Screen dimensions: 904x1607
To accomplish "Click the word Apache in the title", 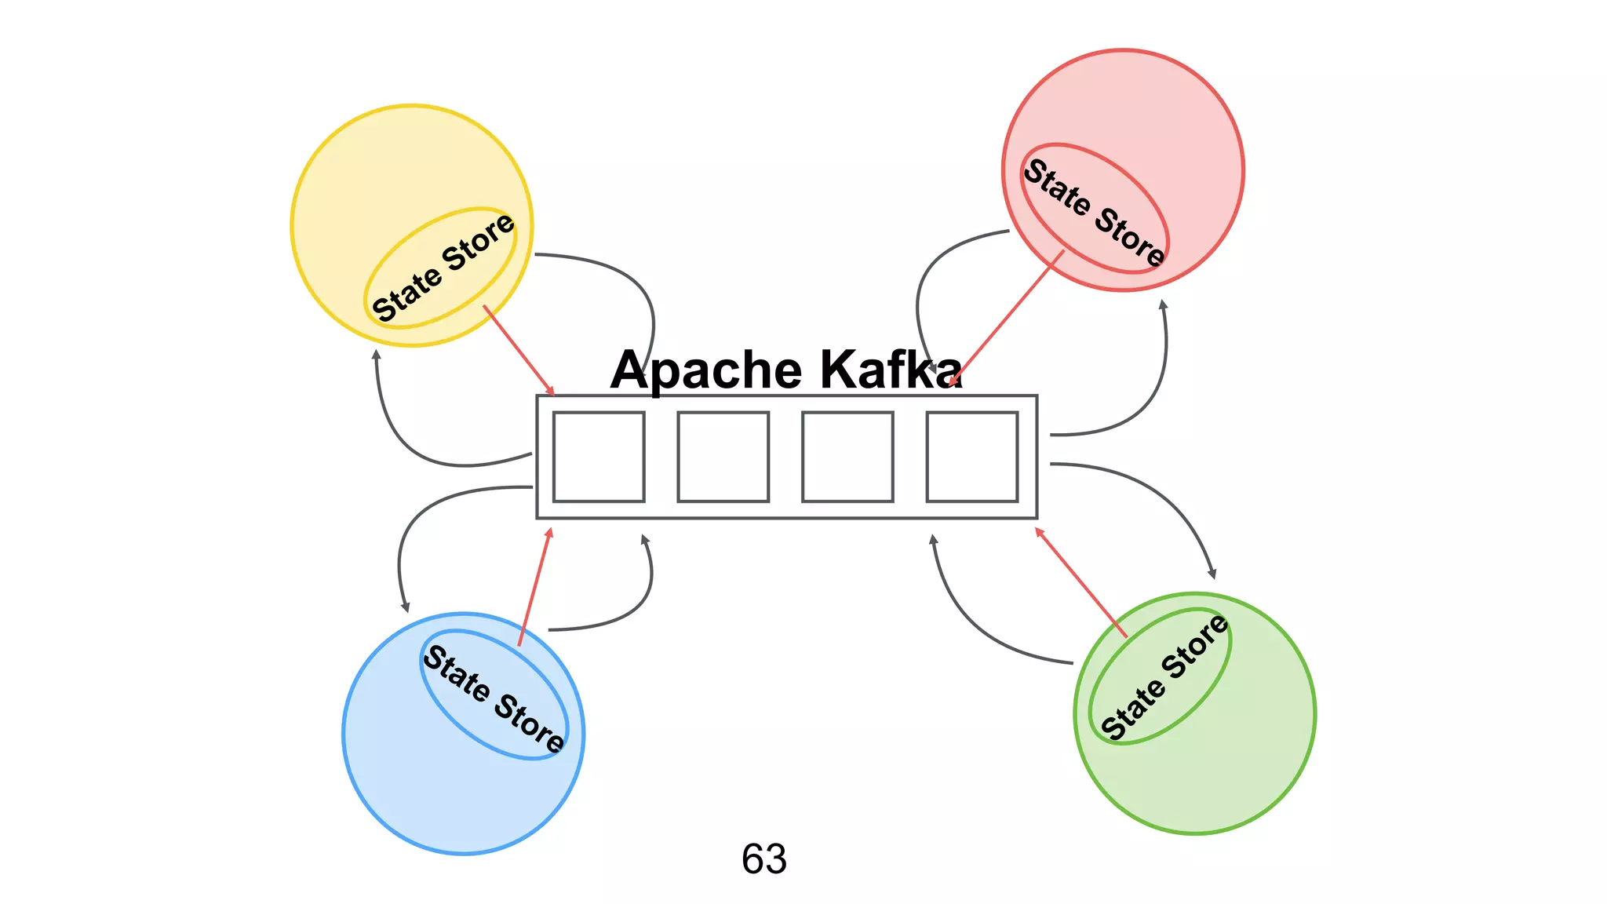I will (706, 370).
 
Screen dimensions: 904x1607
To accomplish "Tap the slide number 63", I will (763, 858).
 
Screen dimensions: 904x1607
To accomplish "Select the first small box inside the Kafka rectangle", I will (599, 457).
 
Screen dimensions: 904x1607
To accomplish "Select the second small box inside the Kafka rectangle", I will (723, 457).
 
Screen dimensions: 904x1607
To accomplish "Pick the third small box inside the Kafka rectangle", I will (847, 457).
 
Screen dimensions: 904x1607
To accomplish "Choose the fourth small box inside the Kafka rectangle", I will (971, 457).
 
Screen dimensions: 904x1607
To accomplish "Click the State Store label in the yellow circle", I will (443, 268).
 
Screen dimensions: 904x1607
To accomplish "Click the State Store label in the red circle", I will (1095, 210).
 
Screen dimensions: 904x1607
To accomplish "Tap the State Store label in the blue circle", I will (494, 698).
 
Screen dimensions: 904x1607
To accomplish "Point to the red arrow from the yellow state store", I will (518, 349).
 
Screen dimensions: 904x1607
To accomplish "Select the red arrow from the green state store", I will (1081, 583).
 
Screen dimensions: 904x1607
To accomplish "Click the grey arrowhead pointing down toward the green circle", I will (1212, 574).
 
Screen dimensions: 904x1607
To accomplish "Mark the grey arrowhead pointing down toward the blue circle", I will (405, 607).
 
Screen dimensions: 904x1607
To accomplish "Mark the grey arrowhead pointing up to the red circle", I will (1163, 305).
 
